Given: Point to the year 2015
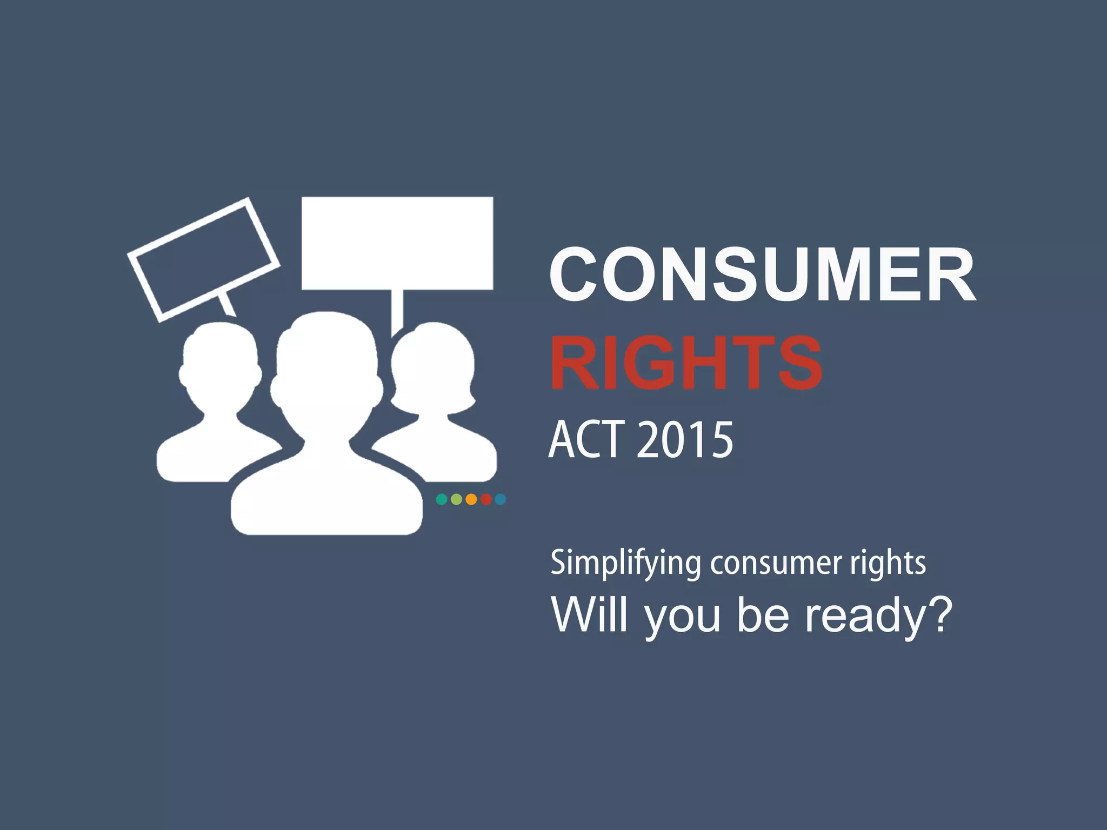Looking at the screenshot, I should [685, 440].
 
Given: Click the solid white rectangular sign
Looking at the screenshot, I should [397, 243].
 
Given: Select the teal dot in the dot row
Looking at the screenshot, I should [442, 499].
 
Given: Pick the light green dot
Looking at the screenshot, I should [456, 499].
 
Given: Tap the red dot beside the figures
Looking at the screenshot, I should [486, 499].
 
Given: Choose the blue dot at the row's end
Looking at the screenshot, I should [501, 499].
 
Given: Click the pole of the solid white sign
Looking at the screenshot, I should [397, 311].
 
